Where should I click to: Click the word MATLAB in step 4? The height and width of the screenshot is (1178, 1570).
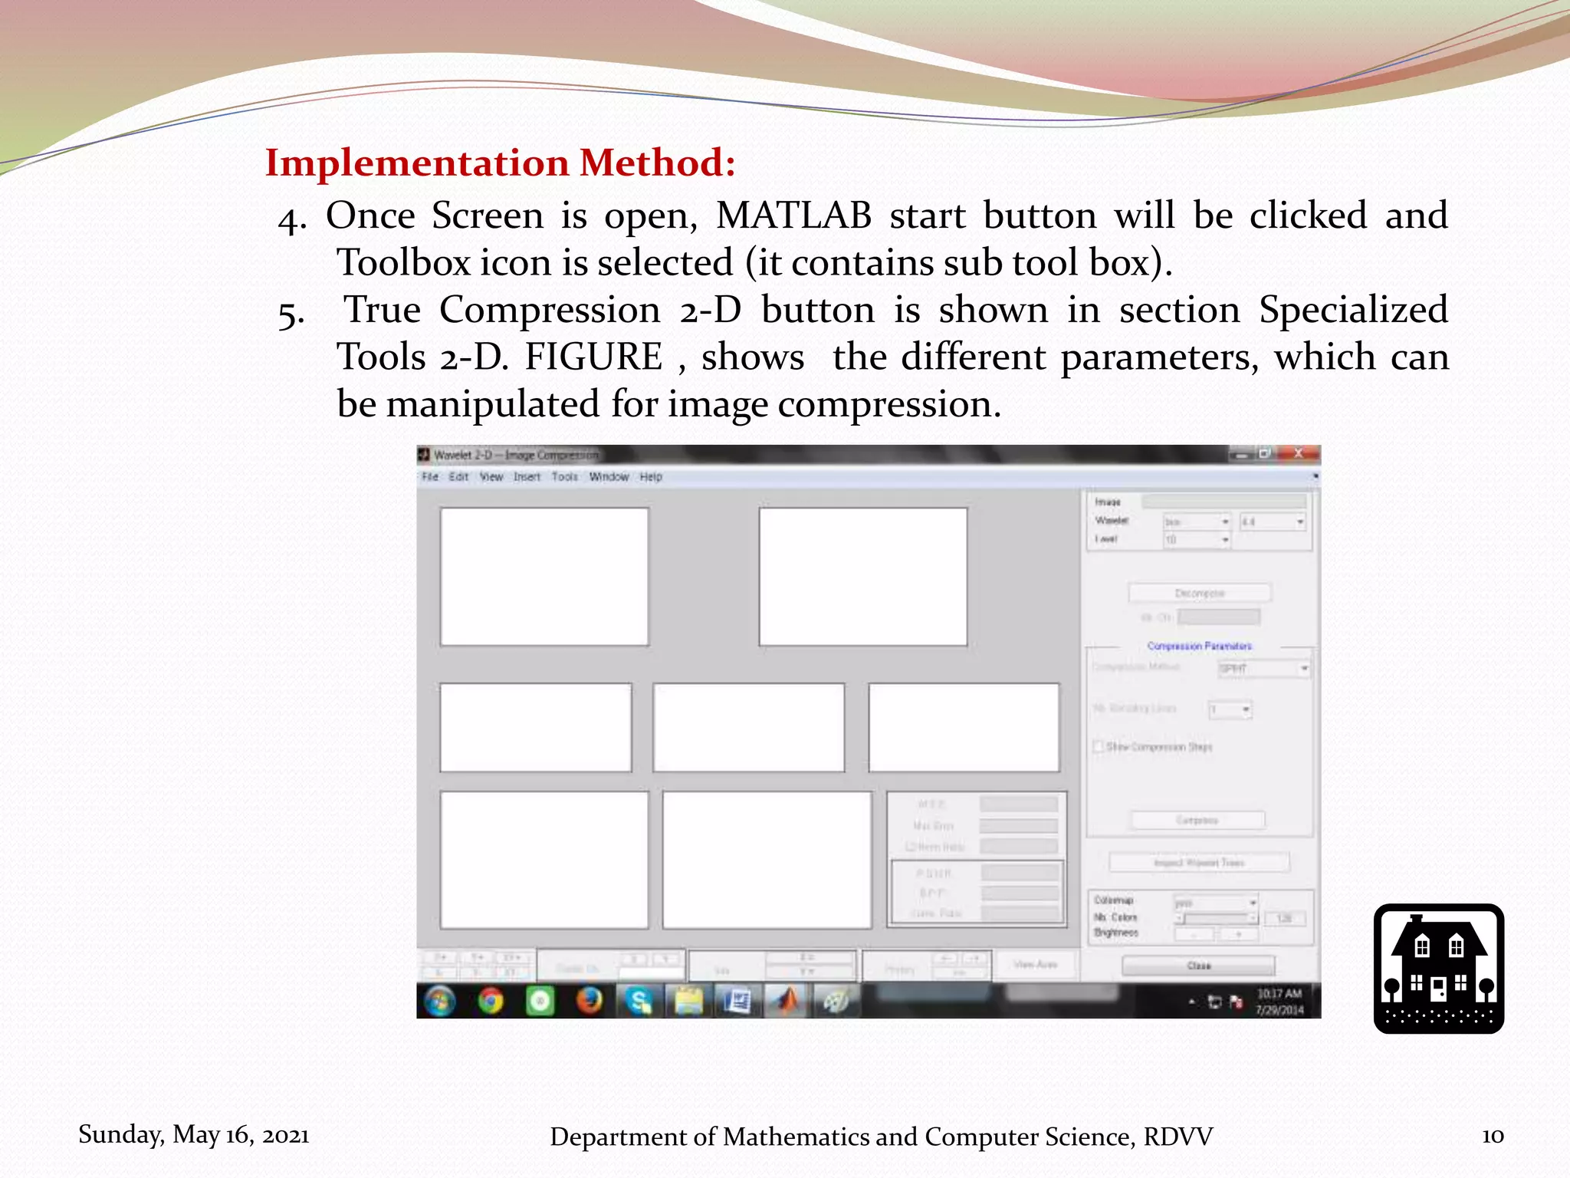(793, 216)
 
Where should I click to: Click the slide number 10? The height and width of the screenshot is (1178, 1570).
(1492, 1136)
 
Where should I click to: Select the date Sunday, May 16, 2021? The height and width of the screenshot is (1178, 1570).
(194, 1134)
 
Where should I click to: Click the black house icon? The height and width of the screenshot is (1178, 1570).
(1438, 969)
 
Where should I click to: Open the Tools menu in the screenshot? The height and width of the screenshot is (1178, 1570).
(564, 477)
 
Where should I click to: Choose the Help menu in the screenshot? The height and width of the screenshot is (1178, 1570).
(651, 477)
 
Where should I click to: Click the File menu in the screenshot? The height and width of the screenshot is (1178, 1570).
(430, 477)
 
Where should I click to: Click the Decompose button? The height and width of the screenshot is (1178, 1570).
(1200, 593)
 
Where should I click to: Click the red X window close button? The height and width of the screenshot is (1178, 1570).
(1299, 453)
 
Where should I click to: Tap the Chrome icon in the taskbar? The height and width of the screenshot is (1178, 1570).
(491, 1000)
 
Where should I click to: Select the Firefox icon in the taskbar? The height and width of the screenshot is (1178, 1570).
(589, 1000)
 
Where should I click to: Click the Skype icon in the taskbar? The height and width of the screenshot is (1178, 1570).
(638, 1000)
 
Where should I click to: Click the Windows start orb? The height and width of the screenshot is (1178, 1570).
(439, 1000)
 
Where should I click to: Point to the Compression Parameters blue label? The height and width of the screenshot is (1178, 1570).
(1199, 646)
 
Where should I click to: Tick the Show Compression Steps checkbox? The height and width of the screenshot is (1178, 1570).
(1099, 746)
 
